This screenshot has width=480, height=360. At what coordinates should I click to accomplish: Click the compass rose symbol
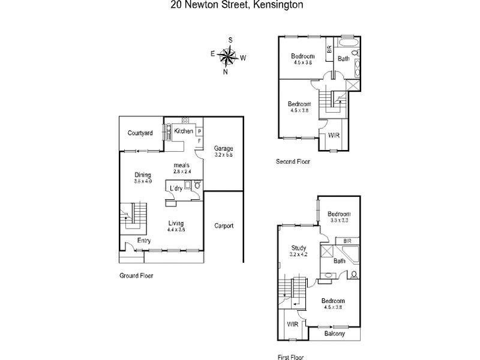[228, 56]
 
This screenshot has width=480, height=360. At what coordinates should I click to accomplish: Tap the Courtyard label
[140, 133]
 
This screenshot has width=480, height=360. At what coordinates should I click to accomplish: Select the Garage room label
[223, 148]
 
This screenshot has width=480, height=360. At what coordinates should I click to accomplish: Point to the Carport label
[223, 226]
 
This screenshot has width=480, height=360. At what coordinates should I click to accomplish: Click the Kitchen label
[184, 131]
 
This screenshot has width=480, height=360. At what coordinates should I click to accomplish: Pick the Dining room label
[143, 175]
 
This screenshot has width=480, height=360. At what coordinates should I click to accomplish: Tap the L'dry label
[176, 188]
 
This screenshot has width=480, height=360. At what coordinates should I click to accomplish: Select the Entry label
[144, 241]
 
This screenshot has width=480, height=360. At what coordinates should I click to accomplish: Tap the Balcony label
[335, 334]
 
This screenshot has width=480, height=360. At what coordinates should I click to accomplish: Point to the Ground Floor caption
[136, 275]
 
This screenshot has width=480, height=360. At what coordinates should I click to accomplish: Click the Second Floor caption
[293, 161]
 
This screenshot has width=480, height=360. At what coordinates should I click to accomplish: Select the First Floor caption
[289, 356]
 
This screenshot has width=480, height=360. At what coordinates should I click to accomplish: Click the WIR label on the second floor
[334, 136]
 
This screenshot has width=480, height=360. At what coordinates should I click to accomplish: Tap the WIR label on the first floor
[292, 324]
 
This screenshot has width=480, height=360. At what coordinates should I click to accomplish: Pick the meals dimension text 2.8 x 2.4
[182, 171]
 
